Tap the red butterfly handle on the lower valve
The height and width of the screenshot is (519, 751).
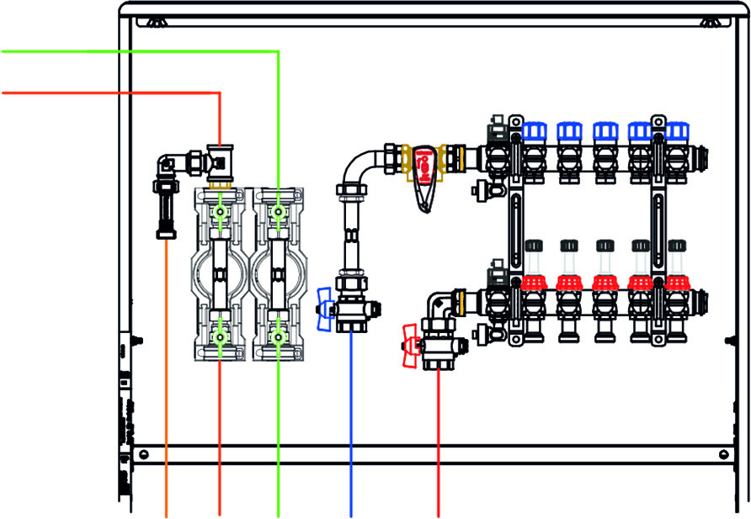point(410,347)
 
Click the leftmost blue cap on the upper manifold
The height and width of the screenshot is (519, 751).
point(534,131)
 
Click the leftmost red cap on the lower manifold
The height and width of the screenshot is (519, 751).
point(534,282)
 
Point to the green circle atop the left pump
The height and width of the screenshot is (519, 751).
point(220,214)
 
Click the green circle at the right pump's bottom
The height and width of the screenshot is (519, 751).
point(278,337)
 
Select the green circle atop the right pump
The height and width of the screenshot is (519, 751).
point(278,214)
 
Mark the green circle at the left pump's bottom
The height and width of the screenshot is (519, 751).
point(220,337)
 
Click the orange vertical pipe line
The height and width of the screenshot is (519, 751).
point(166,379)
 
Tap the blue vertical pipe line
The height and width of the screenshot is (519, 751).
point(351,421)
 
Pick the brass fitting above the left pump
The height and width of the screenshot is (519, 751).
point(220,180)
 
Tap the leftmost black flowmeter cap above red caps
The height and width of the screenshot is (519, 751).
point(534,245)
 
